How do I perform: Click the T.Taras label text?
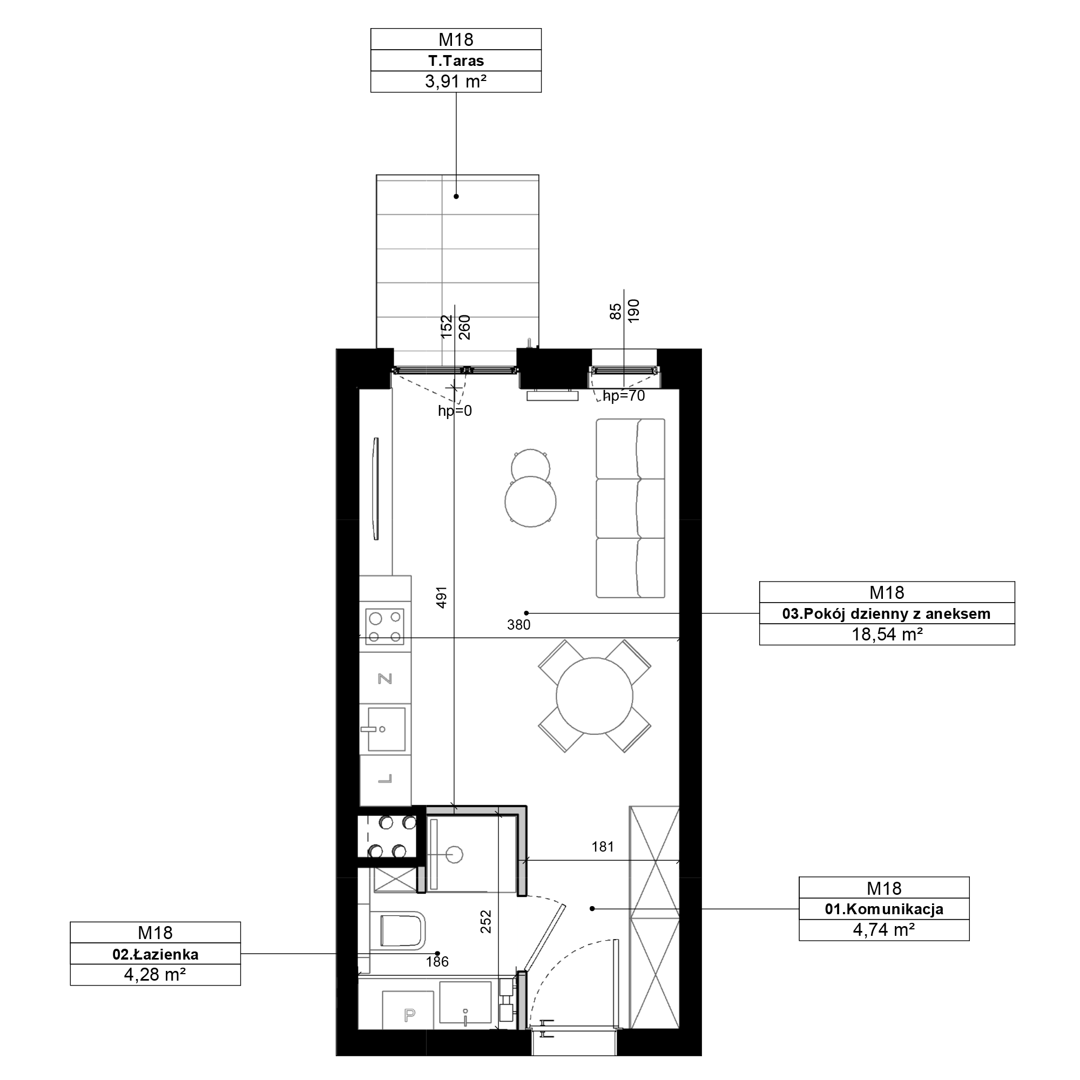456,60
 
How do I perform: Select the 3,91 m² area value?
456,82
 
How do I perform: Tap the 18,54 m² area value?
887,634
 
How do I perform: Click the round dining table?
594,696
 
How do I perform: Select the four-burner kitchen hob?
384,627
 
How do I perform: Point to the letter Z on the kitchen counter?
385,679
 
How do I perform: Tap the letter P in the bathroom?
410,1015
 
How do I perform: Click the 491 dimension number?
442,597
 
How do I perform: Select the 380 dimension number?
519,625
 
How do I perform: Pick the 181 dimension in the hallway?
603,847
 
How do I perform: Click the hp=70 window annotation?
624,396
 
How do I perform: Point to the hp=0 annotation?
455,411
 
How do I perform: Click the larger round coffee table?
530,502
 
